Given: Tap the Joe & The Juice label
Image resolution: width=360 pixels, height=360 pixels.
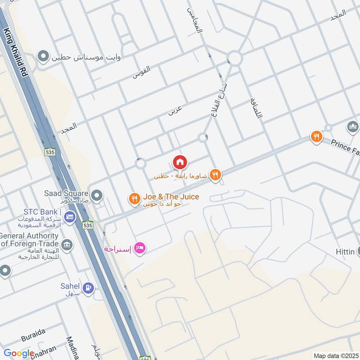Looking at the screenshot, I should click(x=171, y=197).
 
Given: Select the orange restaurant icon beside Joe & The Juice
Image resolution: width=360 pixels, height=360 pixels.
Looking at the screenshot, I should click(x=134, y=198).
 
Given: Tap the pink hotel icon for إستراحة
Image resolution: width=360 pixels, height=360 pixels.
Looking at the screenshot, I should click(x=140, y=248).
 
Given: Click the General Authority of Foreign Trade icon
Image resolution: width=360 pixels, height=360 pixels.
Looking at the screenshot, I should click(x=67, y=245).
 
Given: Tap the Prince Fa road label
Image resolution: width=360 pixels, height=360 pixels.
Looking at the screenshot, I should click(x=345, y=146).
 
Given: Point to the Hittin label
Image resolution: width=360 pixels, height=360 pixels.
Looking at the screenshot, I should click(x=345, y=252).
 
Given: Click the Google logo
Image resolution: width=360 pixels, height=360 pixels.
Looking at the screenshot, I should click(x=18, y=354).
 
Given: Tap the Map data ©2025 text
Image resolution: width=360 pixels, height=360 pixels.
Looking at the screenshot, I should click(x=336, y=355).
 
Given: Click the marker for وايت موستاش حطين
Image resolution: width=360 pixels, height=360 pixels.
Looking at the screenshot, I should click(x=43, y=57).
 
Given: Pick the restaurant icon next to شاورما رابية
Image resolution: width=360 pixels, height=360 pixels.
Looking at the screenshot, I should click(x=216, y=175).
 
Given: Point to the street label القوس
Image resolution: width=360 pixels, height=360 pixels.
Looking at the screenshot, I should click(x=141, y=72).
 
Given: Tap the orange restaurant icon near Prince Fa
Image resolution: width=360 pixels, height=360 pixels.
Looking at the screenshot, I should click(x=317, y=136).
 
